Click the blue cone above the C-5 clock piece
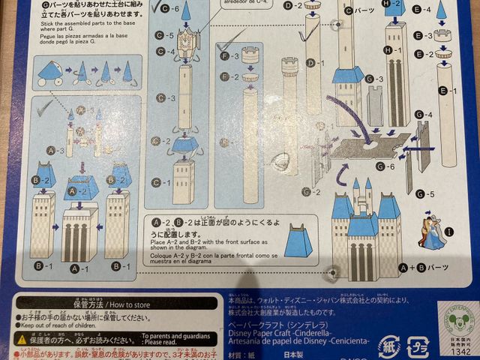185,10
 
